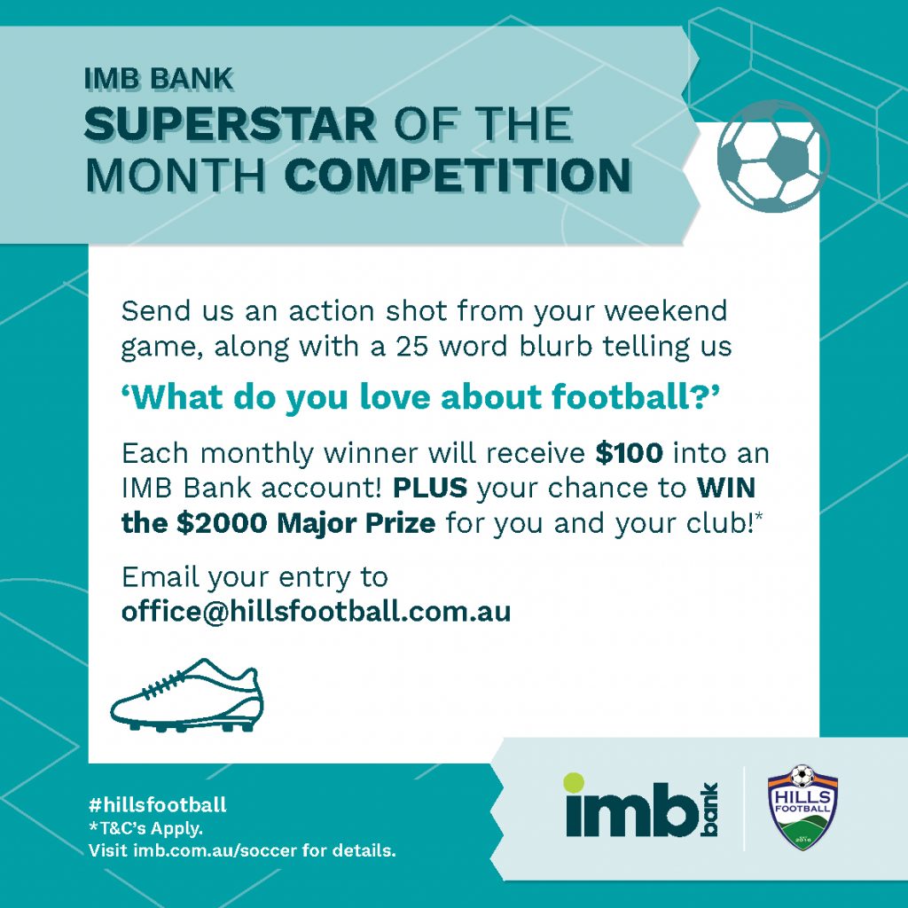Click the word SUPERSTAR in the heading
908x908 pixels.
(231, 124)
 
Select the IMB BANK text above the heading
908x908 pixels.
(158, 79)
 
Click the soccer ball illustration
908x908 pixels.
(773, 156)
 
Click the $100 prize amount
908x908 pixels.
(629, 453)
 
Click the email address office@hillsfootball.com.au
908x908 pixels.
(317, 612)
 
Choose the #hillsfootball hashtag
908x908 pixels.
(158, 804)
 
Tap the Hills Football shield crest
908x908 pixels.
(802, 807)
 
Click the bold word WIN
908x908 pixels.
(726, 489)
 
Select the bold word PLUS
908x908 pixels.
(430, 489)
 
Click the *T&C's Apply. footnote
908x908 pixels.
(145, 828)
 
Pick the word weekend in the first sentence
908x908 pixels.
(666, 311)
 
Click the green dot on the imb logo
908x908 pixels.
(574, 783)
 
